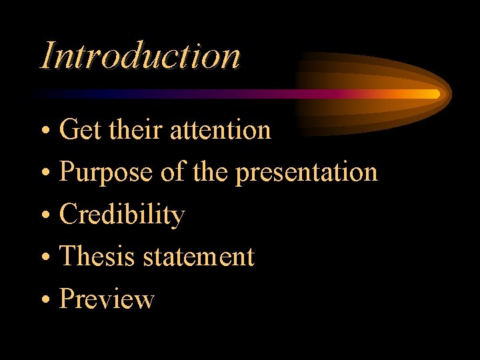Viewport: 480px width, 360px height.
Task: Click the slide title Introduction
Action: pyautogui.click(x=140, y=55)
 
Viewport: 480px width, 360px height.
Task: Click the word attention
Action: pyautogui.click(x=221, y=130)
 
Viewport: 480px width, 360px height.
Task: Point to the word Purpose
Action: pyautogui.click(x=107, y=173)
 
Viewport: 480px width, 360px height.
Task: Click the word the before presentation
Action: pyautogui.click(x=211, y=172)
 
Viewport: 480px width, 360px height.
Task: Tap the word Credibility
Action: pyautogui.click(x=122, y=215)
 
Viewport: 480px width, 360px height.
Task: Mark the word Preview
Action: pyautogui.click(x=107, y=299)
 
